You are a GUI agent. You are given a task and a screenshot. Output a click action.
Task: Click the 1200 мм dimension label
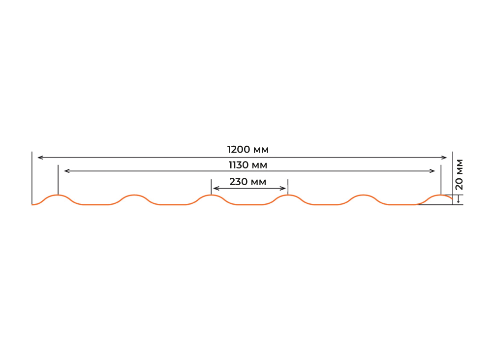click(x=248, y=150)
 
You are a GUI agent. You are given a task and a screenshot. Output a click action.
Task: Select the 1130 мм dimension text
click(x=248, y=165)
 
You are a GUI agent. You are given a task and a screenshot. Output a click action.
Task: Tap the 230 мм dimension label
click(x=248, y=182)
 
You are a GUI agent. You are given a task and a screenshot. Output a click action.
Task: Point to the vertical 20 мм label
click(x=459, y=175)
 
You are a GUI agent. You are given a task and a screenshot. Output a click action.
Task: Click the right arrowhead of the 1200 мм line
click(x=444, y=158)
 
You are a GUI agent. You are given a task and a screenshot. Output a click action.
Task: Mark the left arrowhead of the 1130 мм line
click(x=67, y=171)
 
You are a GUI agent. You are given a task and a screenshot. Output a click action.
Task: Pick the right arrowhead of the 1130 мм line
click(x=432, y=171)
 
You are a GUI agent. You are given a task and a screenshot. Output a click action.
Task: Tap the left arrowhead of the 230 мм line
click(x=216, y=189)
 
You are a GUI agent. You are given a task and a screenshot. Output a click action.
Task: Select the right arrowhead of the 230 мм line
click(x=283, y=189)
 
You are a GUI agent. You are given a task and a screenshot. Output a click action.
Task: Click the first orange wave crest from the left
click(x=58, y=195)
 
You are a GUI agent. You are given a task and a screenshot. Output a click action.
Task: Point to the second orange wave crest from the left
click(x=134, y=195)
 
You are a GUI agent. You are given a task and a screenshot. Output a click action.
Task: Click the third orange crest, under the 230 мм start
click(x=211, y=195)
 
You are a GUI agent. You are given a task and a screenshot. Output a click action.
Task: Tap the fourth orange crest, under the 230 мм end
click(x=288, y=195)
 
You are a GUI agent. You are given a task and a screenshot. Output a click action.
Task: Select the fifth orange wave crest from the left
click(x=364, y=195)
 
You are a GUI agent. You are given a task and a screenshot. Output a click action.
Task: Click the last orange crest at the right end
click(x=440, y=195)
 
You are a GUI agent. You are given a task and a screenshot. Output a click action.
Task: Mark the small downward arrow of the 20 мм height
click(x=459, y=199)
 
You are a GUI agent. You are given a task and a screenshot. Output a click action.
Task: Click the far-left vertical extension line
click(x=31, y=178)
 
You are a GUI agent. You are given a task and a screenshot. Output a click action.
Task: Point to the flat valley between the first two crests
click(x=96, y=204)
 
